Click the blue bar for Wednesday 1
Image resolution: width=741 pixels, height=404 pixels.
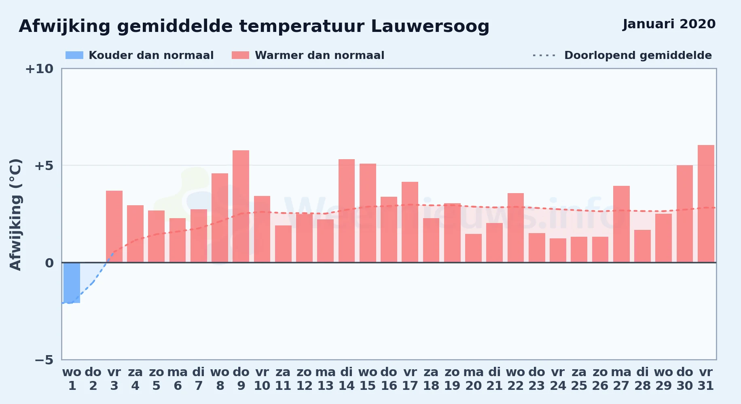click(72, 282)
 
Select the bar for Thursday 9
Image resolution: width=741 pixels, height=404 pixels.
click(241, 206)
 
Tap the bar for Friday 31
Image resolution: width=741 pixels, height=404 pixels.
click(706, 204)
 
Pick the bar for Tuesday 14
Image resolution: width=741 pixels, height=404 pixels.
click(347, 211)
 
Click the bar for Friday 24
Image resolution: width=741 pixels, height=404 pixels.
click(558, 250)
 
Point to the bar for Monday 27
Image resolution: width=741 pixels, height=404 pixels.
click(621, 224)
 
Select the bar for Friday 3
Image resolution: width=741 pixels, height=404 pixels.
click(114, 227)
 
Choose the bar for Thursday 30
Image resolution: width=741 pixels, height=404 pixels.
click(685, 214)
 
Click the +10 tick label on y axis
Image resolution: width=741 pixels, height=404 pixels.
click(39, 69)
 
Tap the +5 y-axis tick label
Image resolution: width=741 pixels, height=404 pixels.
click(44, 166)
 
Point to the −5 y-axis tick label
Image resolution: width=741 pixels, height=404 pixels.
click(44, 360)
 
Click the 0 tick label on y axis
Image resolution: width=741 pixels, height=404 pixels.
click(49, 263)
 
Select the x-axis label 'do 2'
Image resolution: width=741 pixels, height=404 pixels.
click(93, 379)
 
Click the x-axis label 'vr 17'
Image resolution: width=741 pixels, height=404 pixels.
click(410, 379)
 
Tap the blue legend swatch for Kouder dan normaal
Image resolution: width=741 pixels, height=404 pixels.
click(74, 55)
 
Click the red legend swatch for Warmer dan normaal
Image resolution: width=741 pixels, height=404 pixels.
click(240, 55)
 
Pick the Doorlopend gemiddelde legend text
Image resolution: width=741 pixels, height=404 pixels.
click(638, 55)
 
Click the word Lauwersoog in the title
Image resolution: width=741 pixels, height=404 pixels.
click(430, 27)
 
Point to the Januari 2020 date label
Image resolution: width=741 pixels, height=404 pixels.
click(669, 24)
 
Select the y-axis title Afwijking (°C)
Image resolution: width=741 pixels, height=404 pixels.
click(15, 215)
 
